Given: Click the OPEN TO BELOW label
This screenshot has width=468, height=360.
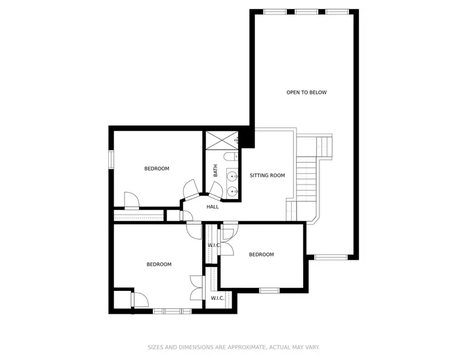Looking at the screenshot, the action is pos(307,93).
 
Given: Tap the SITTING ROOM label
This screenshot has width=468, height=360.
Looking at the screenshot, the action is pos(267,175).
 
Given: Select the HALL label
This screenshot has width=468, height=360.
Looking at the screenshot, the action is pos(212,207).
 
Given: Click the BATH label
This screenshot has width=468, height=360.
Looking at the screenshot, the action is pos(215,171).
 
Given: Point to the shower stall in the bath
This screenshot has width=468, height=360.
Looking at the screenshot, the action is pos(222,140).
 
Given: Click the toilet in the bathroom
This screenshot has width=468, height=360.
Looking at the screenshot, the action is pos(231,156).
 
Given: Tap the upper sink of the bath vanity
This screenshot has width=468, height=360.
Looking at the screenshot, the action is pos(232,177).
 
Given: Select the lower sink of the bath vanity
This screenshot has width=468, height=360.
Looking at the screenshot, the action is pos(232,191).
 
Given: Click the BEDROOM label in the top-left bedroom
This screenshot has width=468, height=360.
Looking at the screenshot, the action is pos(156,169).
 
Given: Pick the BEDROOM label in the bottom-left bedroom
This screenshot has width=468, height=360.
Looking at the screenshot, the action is pos(159,264).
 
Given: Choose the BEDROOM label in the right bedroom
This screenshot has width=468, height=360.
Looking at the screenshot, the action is pos(262,255).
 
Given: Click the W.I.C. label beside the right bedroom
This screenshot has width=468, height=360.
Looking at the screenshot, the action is pos(214,245).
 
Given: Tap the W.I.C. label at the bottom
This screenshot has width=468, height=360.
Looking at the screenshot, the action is pos(217,298).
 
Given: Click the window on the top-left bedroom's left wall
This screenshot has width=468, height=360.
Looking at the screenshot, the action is pos(111,160).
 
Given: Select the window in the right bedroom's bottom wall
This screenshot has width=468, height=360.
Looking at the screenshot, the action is pos(269,290).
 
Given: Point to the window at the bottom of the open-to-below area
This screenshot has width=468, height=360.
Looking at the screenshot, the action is pos(331,257).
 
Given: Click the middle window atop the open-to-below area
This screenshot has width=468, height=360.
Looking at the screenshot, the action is pos(307,12).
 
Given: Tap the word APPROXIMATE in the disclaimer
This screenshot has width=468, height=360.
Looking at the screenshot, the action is pos(247,347).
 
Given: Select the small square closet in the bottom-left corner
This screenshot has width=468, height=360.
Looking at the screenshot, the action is pos(122,299).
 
